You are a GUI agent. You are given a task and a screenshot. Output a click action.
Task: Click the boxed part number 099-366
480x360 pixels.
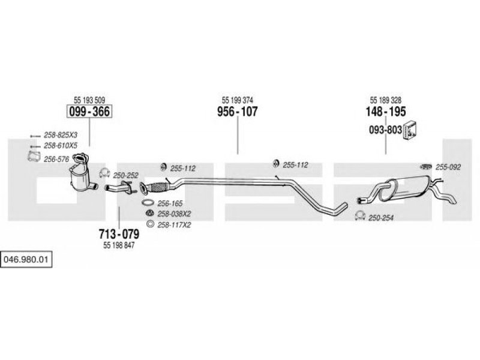[x=89, y=112]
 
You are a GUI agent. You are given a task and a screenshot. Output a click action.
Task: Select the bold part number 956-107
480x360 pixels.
[x=237, y=112]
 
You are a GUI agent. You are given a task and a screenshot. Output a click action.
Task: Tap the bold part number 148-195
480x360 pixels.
[x=385, y=112]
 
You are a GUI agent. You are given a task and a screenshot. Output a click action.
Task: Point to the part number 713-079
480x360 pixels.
[x=119, y=234]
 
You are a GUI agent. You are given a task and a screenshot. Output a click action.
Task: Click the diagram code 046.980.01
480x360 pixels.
[x=26, y=260]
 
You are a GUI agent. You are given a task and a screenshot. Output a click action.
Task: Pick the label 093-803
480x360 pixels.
[x=385, y=130]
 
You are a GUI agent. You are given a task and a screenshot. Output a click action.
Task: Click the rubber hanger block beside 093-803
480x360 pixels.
[x=410, y=130]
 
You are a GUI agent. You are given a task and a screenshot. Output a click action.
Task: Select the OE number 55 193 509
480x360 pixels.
[x=89, y=100]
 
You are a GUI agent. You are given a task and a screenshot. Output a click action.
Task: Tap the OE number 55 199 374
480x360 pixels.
[x=237, y=100]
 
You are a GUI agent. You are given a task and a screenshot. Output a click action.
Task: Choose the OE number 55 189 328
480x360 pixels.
[x=385, y=100]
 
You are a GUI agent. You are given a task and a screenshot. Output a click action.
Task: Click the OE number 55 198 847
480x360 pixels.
[x=119, y=245]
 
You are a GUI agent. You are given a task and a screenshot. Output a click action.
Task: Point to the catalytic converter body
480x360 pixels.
[x=80, y=178]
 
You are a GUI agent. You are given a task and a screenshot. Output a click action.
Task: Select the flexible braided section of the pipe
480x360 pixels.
[x=158, y=187]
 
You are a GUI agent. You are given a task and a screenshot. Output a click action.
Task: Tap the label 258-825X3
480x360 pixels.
[x=61, y=135]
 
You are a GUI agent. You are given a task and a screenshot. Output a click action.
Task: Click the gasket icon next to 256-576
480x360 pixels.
[x=34, y=157]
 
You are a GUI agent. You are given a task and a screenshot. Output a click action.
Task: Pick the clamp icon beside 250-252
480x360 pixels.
[x=104, y=173]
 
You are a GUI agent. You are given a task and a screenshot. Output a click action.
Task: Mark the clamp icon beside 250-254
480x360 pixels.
[x=360, y=215]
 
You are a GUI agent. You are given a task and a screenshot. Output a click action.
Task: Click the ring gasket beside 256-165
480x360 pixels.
[x=148, y=203]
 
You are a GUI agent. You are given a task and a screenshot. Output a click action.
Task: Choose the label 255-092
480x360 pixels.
[x=448, y=167]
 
